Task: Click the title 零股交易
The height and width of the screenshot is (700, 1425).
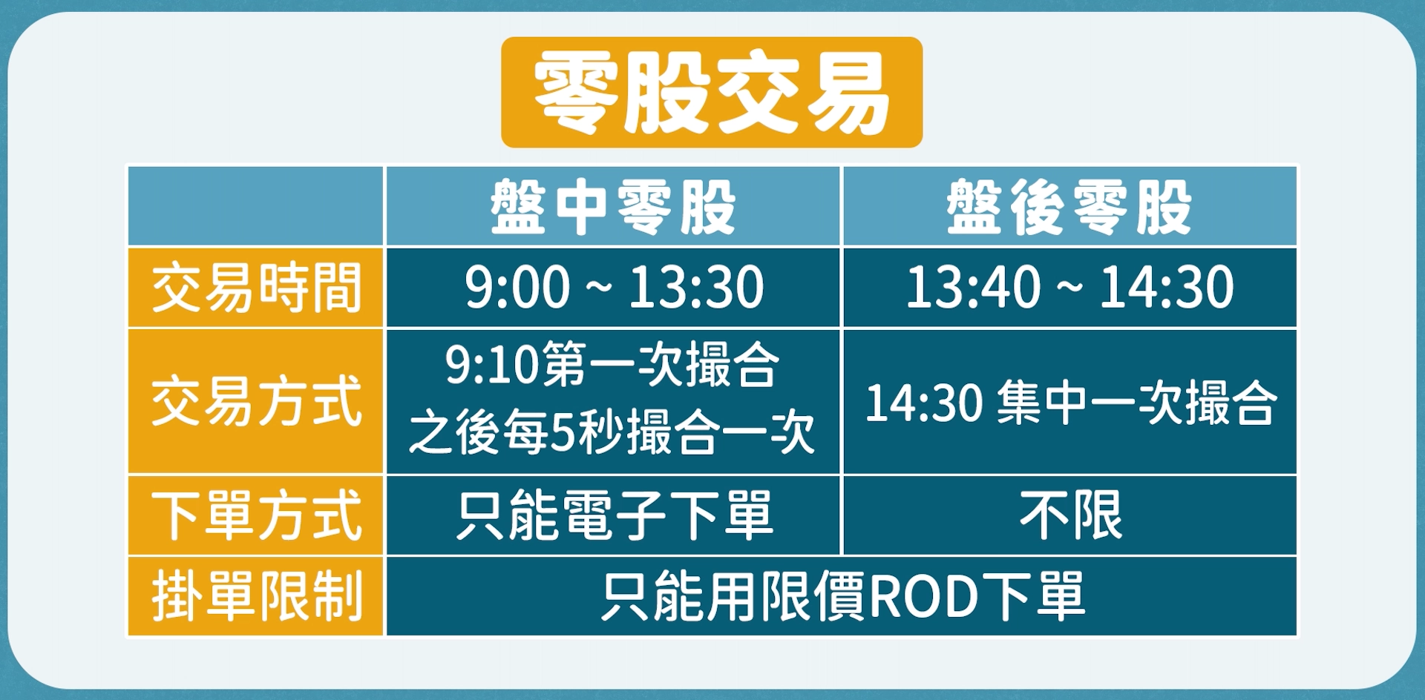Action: coord(712,93)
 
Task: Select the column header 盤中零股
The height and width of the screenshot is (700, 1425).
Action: coord(613,207)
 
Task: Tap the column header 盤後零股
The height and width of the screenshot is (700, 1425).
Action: coord(1069,207)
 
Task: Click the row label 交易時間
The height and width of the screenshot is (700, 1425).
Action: coord(256,288)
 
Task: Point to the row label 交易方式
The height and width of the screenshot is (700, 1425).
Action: coord(256,401)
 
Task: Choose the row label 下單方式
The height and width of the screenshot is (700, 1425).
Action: coord(256,515)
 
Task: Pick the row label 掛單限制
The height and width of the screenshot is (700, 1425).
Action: coord(256,596)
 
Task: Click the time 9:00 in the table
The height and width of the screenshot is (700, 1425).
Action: coord(517,287)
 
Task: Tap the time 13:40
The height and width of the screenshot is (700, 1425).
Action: coord(973,287)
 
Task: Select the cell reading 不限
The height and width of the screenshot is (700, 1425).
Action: coord(1070,515)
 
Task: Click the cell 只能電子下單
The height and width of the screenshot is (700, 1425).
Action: coord(615,515)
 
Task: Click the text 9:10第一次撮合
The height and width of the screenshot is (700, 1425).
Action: coord(612,365)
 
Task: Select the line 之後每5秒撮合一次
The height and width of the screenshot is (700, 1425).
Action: coord(612,432)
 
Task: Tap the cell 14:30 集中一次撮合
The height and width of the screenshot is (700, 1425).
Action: coord(1070,403)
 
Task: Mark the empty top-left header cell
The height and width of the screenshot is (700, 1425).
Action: coord(256,206)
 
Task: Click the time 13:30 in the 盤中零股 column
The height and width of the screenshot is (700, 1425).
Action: coord(696,287)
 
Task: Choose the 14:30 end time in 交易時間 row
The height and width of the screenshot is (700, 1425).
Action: coord(1166,287)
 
